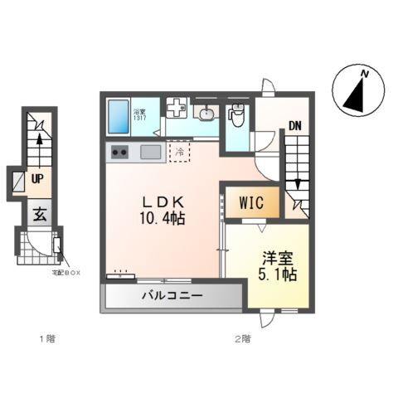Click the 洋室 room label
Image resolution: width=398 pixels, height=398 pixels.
coord(278,258)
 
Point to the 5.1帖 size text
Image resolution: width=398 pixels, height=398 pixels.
coord(278,275)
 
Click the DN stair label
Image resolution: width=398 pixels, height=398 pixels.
coord(295,127)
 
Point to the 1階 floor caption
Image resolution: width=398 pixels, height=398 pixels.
coord(48,338)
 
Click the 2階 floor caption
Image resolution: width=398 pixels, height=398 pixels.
coord(241,338)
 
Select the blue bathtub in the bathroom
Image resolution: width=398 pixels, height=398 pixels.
coord(117,116)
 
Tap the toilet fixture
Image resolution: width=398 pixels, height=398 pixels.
coord(236,116)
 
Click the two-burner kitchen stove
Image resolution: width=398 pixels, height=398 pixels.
coord(119,152)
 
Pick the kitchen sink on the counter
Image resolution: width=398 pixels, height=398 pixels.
coord(151,152)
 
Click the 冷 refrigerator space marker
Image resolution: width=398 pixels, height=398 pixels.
coord(178,152)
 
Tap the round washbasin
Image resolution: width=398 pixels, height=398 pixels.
coord(204,112)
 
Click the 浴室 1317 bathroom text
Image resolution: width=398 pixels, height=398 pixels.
coord(139,114)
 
